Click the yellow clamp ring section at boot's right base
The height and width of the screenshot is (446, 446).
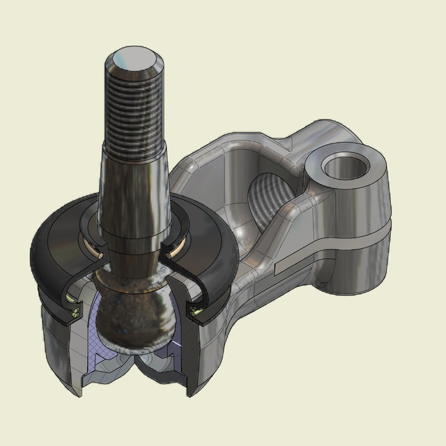click(x=197, y=307)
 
